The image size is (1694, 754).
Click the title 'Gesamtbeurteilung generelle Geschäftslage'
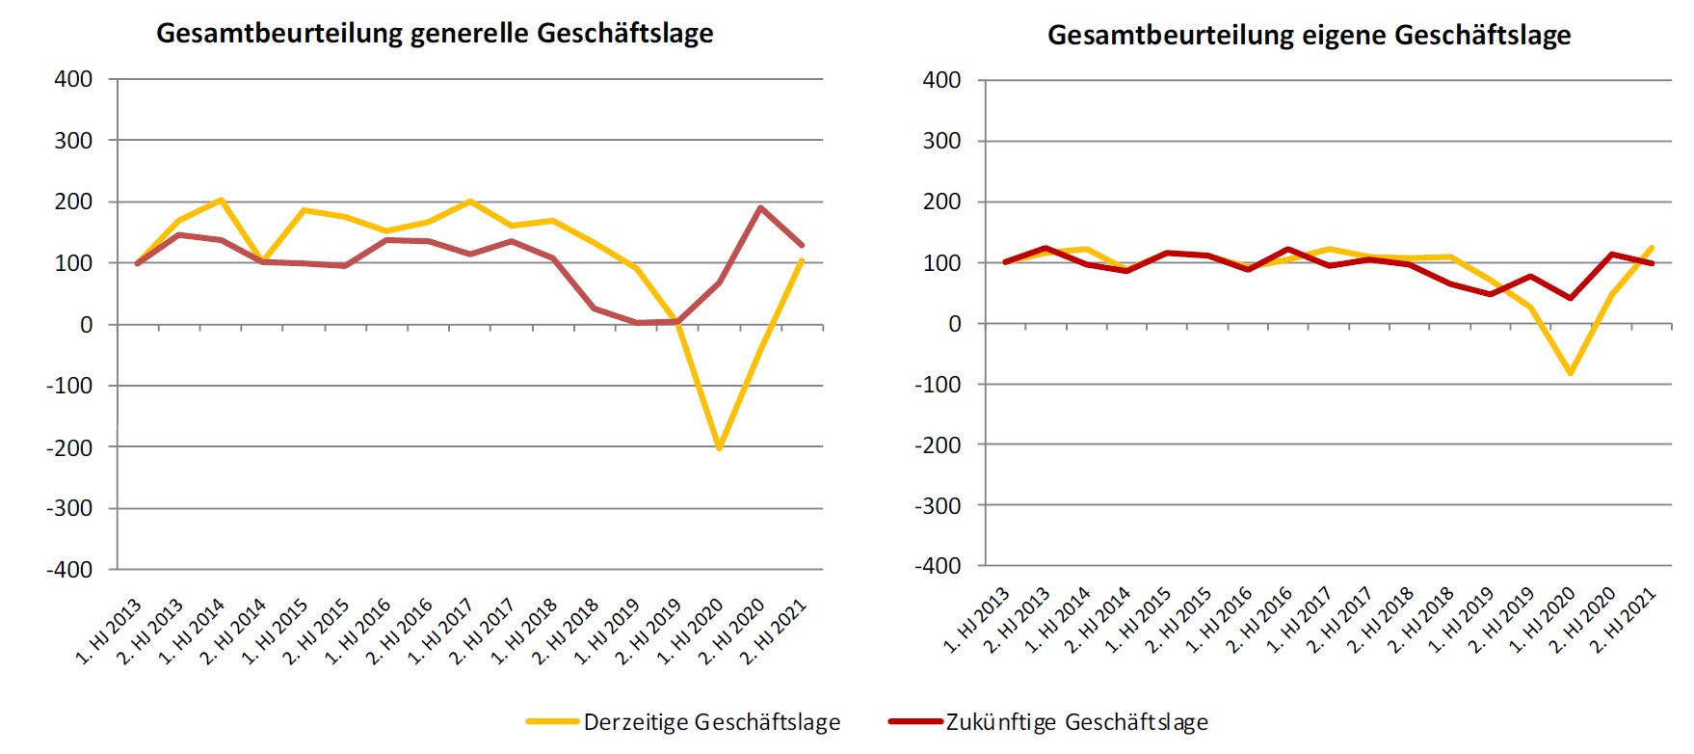[x=435, y=34]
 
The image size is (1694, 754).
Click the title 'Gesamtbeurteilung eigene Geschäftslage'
[x=1309, y=36]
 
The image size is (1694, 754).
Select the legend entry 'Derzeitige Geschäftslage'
[x=711, y=722]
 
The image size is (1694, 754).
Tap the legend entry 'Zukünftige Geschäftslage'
[x=1076, y=722]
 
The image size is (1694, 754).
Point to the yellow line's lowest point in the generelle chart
[x=719, y=448]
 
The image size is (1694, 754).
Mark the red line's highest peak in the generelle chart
[x=760, y=207]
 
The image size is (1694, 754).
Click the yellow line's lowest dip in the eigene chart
[x=1571, y=372]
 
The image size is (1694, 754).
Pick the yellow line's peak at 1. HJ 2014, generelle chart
[x=221, y=200]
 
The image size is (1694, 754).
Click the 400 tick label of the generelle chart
[x=73, y=79]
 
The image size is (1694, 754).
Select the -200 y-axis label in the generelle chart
[x=69, y=447]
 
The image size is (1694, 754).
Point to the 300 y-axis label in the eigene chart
[x=941, y=141]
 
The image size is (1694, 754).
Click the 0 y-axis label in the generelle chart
[x=86, y=325]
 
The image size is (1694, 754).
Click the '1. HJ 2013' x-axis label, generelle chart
[x=109, y=633]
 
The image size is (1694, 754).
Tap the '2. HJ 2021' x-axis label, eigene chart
[x=1624, y=622]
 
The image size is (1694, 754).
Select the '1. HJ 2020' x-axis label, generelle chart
[x=690, y=633]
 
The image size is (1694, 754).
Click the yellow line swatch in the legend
[x=552, y=721]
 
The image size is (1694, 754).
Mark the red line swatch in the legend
[x=914, y=721]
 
